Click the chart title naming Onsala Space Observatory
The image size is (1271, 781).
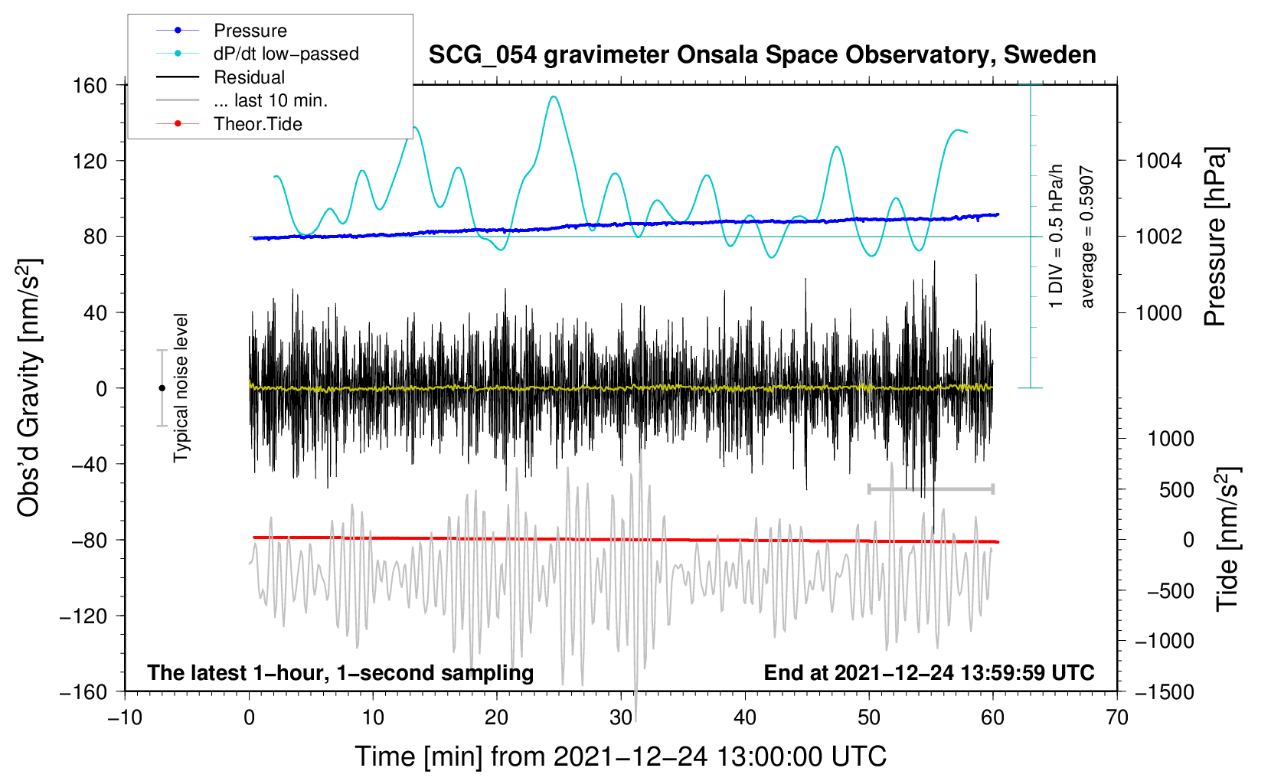762,55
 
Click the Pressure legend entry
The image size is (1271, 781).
250,31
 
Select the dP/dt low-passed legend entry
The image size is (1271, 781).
286,54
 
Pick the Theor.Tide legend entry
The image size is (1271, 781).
257,124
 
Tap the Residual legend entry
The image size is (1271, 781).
249,77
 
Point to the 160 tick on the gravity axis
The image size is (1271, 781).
90,85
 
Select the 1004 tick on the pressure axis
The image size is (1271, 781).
1158,161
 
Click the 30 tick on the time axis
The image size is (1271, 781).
621,717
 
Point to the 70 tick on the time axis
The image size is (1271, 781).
1117,717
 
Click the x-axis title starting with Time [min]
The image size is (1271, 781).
621,756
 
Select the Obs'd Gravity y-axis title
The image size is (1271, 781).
29,388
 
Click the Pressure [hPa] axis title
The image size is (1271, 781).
1215,237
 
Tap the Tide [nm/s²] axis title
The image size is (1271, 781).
1227,539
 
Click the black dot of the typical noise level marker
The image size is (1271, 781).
162,388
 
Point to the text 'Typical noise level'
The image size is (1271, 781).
181,388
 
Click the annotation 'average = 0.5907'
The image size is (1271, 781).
1087,237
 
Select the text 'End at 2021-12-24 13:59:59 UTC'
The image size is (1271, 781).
929,672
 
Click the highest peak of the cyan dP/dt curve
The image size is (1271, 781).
554,96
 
